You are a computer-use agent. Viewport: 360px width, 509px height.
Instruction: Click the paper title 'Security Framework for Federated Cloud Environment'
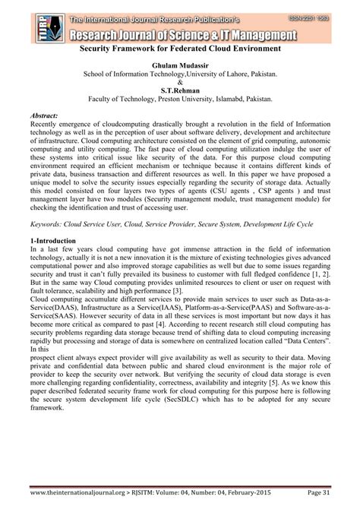point(180,49)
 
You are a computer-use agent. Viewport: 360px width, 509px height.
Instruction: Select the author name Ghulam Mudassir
point(180,66)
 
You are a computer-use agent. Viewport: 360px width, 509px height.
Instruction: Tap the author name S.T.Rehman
point(180,89)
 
